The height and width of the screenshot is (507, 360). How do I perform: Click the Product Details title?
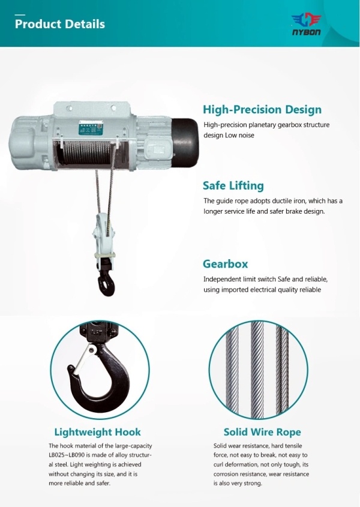tap(60, 24)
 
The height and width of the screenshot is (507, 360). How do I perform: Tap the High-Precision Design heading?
tap(262, 110)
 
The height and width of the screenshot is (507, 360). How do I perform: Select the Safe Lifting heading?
tap(233, 185)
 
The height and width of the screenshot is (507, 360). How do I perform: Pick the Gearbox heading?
tap(225, 264)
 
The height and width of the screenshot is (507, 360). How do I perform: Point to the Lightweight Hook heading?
tap(98, 432)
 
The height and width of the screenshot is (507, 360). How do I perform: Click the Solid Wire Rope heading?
tap(262, 432)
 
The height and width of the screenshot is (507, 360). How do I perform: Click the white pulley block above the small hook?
tap(103, 237)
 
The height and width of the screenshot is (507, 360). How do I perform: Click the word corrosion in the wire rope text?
tap(232, 474)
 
